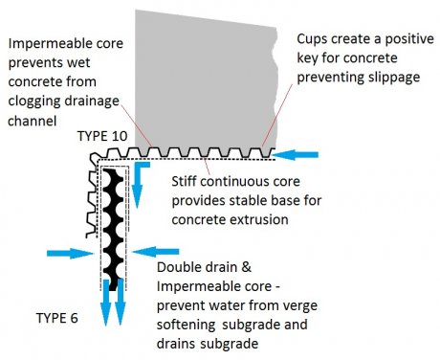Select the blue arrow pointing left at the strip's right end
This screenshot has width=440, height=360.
click(298, 151)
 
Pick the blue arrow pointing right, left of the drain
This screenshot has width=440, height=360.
click(62, 254)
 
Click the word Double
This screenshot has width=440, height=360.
click(178, 268)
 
